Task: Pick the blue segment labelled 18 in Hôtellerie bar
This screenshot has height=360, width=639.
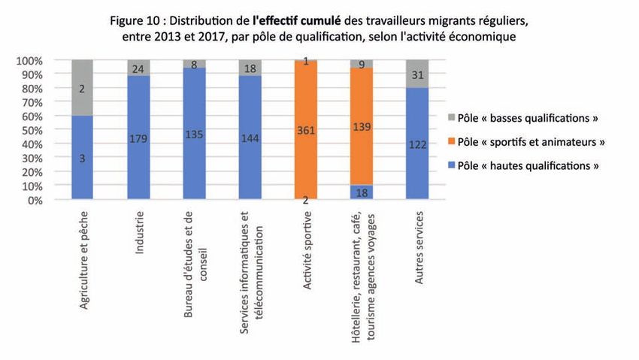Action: click(361, 192)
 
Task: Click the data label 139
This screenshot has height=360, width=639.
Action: click(361, 129)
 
